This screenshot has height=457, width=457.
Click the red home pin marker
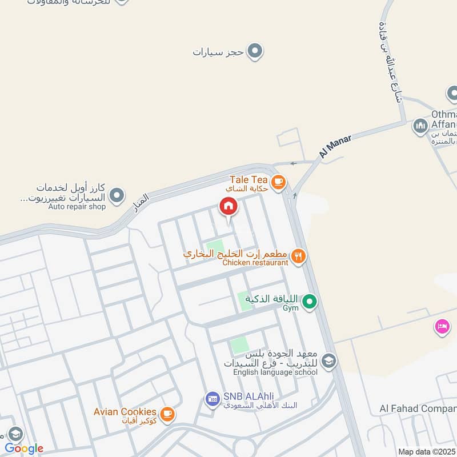[x=228, y=207]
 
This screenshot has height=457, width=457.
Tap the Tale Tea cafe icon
[x=278, y=182]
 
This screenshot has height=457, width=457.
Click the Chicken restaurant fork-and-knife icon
[x=298, y=256]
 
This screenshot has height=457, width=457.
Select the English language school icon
[x=328, y=360]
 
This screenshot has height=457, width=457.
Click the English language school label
[x=275, y=372]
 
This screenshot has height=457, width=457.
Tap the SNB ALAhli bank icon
[x=213, y=399]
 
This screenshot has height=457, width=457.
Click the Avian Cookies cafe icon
[x=167, y=414]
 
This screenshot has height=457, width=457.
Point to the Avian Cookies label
[x=125, y=412]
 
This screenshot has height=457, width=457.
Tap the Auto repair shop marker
[x=117, y=196]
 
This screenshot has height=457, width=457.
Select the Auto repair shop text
[x=77, y=207]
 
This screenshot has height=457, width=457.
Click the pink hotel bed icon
[x=442, y=327]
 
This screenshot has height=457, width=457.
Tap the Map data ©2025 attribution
[x=426, y=451]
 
